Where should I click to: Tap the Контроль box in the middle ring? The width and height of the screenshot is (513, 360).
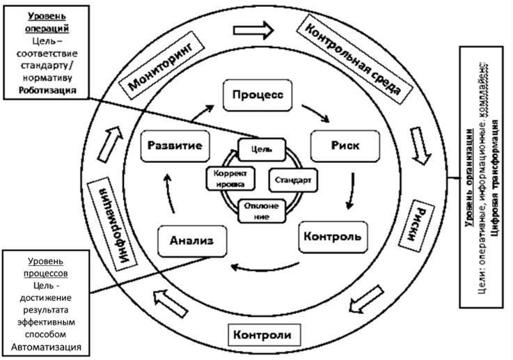point(333,236)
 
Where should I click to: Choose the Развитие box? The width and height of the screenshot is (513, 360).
point(174,146)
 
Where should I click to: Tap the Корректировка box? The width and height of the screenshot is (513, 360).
point(227,179)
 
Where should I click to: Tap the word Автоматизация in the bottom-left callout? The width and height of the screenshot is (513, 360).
point(46,346)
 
